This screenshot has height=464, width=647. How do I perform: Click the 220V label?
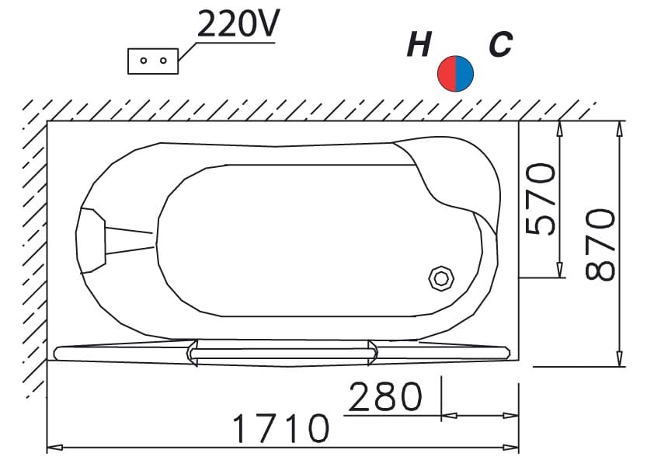(x=238, y=23)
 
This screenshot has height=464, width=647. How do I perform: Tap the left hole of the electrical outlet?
(x=144, y=61)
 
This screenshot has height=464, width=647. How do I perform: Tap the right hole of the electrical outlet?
(x=163, y=61)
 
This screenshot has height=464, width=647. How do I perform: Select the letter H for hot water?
(x=419, y=44)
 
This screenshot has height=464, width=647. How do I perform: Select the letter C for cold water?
(x=501, y=44)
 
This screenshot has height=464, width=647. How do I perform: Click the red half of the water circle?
(x=447, y=74)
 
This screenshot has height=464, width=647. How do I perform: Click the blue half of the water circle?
(x=464, y=74)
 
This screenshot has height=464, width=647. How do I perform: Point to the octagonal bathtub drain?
(x=441, y=279)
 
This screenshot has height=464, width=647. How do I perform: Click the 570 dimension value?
(x=540, y=199)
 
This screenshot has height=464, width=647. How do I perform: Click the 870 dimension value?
(x=600, y=244)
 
